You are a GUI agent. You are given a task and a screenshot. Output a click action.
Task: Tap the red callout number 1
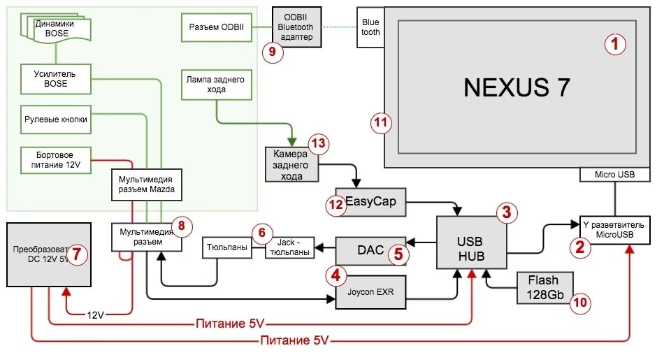tap(614, 45)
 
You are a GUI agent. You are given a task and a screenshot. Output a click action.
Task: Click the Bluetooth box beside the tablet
tap(370, 27)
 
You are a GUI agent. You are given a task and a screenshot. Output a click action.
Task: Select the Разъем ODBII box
tap(217, 27)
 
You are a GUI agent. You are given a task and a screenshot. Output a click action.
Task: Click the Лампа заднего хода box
tap(216, 84)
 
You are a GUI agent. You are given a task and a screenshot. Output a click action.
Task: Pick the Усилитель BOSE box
tap(55, 78)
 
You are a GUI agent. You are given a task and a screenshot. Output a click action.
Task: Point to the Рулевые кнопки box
tap(56, 120)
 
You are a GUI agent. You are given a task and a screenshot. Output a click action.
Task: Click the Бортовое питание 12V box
tap(55, 159)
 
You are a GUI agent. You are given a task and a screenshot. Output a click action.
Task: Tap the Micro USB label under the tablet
tap(614, 174)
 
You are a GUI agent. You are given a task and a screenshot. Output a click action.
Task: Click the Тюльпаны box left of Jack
tap(228, 247)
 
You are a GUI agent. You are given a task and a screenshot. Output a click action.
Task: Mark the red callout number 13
tap(318, 145)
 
